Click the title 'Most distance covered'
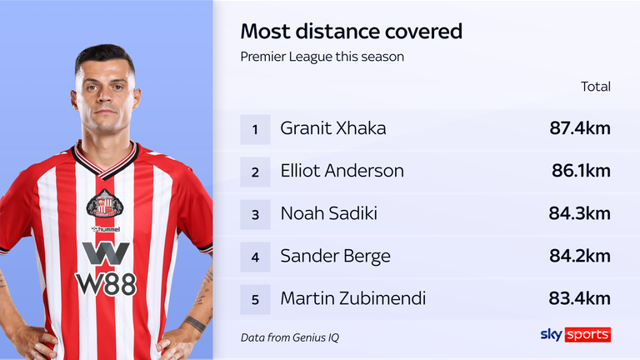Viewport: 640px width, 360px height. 351,32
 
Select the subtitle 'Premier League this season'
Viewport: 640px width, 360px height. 322,57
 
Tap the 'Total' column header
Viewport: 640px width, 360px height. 595,86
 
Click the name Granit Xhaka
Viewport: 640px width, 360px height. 333,129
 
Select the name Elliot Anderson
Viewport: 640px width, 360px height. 342,172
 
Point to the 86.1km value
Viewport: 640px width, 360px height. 581,172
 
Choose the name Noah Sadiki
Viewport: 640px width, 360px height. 329,213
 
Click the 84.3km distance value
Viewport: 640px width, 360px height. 580,214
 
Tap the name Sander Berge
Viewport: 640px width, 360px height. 336,256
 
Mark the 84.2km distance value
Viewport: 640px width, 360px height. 580,256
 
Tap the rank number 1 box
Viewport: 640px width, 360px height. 255,129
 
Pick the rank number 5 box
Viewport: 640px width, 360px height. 255,298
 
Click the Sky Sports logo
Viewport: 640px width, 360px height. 574,334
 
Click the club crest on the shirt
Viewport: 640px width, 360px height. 105,203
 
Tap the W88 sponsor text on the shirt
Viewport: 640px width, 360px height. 106,283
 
